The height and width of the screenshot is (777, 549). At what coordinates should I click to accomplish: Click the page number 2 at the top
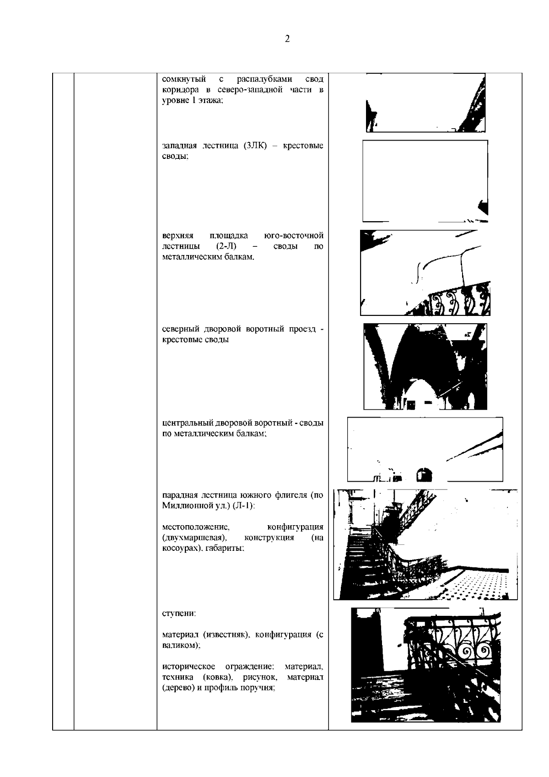287,39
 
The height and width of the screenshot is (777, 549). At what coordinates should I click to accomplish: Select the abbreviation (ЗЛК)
255,145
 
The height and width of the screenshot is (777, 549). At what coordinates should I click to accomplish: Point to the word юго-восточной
294,235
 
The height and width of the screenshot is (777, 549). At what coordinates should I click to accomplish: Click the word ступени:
179,613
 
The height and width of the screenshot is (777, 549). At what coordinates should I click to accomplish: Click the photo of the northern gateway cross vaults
425,367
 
